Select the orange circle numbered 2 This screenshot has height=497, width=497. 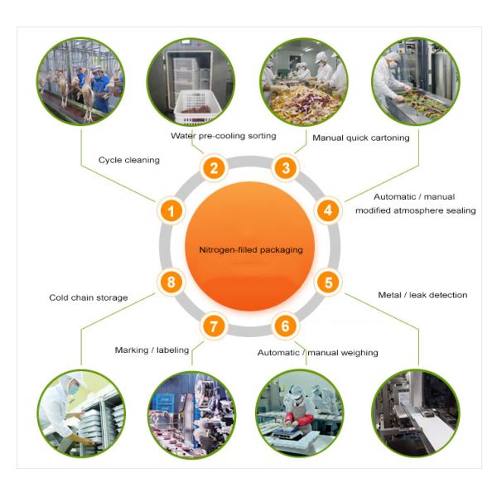(214, 168)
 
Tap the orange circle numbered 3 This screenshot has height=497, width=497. (286, 168)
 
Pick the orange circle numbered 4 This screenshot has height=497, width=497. (328, 210)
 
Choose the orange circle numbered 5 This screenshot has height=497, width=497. (328, 282)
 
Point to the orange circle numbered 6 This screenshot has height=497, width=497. (286, 326)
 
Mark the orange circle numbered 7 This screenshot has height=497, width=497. (214, 326)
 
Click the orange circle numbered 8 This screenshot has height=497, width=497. (171, 282)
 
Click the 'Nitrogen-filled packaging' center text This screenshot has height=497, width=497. (249, 249)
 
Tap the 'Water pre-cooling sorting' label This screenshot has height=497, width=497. (223, 135)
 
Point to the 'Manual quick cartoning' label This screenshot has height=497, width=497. (360, 138)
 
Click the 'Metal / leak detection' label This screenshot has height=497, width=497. (422, 295)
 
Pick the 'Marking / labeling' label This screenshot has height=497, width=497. (152, 350)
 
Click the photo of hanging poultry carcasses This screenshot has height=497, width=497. (80, 80)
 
